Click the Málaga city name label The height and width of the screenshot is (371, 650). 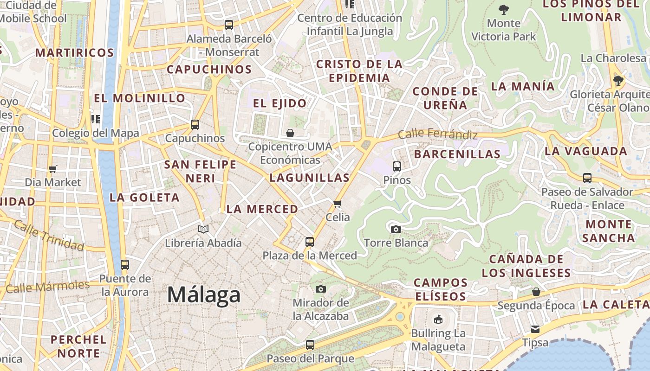click(204, 295)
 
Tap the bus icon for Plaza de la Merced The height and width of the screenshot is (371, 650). click(310, 242)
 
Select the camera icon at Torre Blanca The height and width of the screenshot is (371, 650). click(396, 229)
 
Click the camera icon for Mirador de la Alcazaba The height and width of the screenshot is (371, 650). click(320, 289)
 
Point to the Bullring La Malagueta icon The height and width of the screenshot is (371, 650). click(438, 319)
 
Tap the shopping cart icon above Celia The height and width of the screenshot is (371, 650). click(338, 204)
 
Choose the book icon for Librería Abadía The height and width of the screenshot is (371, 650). click(203, 229)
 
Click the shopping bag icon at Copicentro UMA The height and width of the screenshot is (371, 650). click(290, 134)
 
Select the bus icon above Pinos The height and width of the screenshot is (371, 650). click(396, 166)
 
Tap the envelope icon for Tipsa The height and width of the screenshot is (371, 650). click(535, 329)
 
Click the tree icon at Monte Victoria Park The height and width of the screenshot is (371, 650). click(504, 9)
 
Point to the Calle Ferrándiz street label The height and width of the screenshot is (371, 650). click(438, 134)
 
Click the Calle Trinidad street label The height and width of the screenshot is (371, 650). click(49, 236)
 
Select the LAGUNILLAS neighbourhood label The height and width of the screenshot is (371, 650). click(309, 178)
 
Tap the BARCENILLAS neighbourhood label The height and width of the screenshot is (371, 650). click(457, 154)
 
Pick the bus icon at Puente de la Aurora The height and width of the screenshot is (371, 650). click(124, 265)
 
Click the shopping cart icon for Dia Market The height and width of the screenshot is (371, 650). click(53, 169)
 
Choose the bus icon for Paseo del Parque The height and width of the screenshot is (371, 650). click(310, 345)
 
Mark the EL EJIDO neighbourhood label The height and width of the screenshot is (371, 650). click(279, 103)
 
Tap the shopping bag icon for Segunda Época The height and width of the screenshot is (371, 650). click(536, 292)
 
